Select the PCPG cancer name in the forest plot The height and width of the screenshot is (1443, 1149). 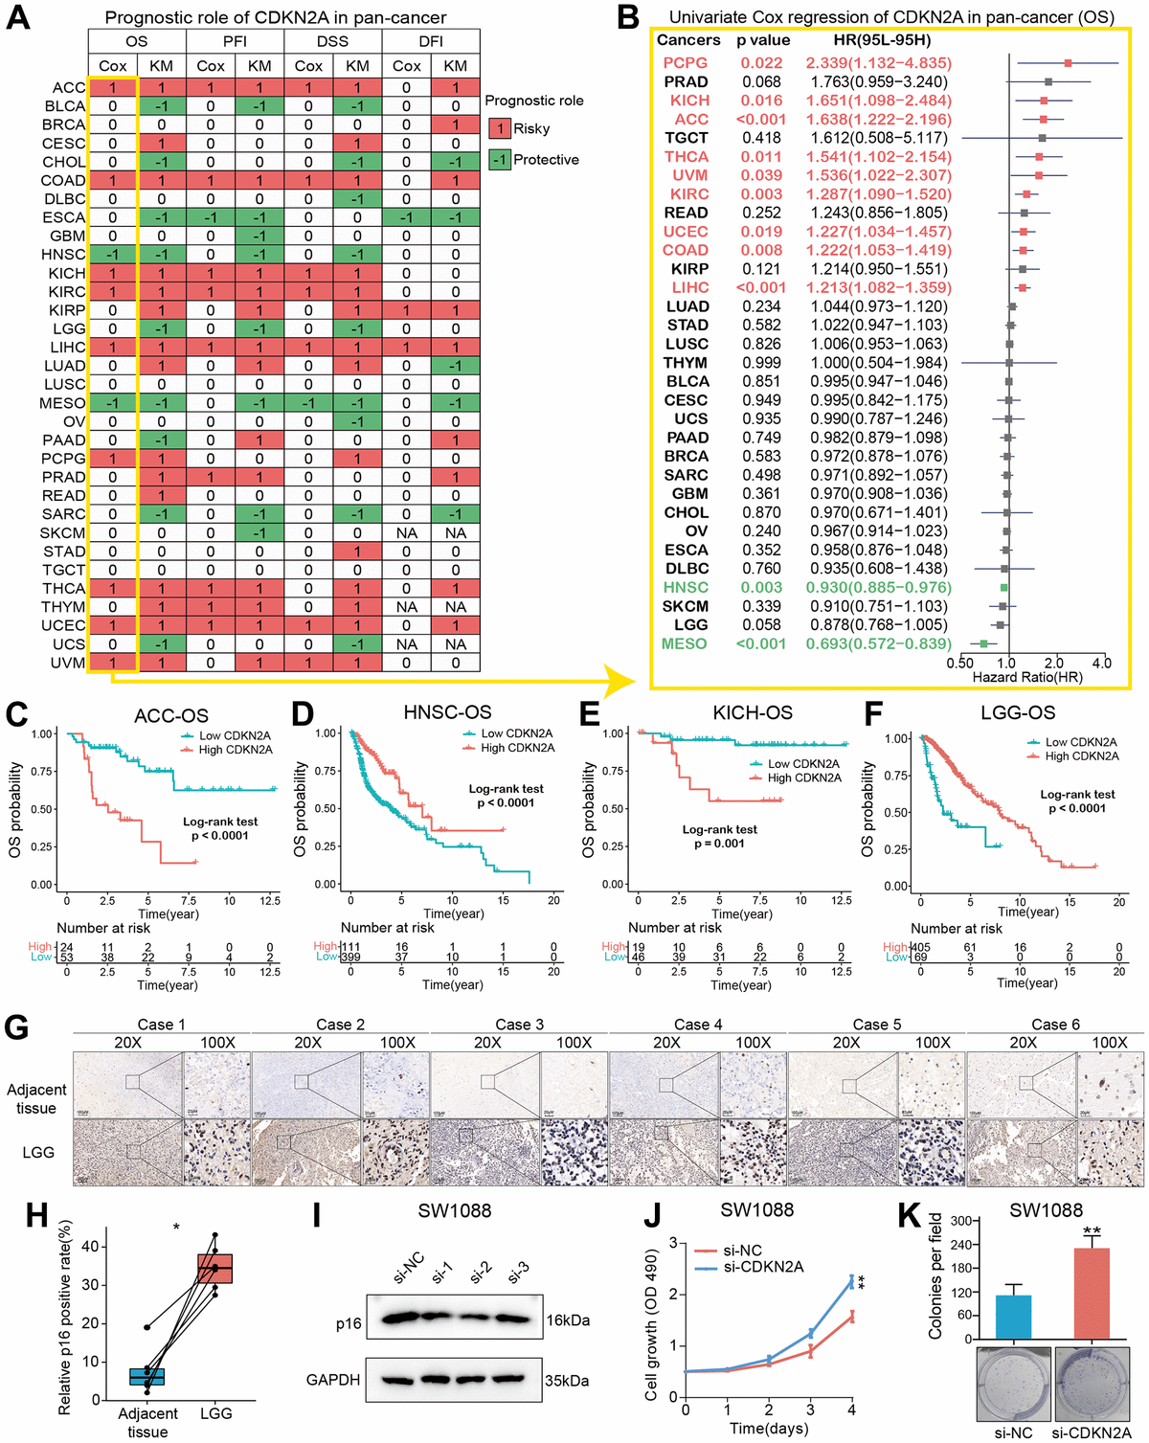click(685, 63)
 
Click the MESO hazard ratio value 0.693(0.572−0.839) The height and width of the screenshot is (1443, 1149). click(878, 643)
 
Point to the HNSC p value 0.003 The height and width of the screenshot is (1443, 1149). click(761, 587)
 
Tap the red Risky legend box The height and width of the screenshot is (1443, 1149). click(500, 128)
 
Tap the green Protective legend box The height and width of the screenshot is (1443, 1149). click(500, 160)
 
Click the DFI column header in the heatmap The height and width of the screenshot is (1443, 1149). click(430, 41)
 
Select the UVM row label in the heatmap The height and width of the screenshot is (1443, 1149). click(68, 663)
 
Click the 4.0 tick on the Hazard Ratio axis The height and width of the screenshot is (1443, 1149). click(1101, 663)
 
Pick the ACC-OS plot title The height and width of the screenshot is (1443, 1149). click(170, 715)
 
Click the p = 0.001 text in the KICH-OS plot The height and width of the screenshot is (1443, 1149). click(719, 844)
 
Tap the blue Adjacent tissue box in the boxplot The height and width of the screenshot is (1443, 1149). click(147, 1376)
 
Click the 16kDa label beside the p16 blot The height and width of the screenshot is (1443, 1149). click(568, 1320)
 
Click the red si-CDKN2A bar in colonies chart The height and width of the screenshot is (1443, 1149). click(1091, 1293)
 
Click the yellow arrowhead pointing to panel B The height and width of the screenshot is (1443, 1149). click(622, 681)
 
